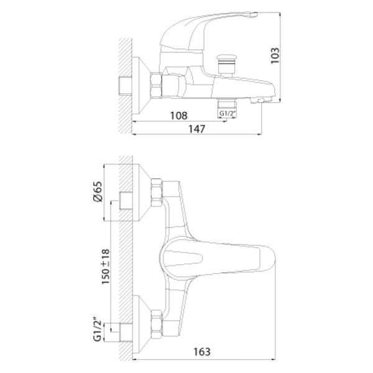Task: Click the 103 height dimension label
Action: pyautogui.click(x=275, y=55)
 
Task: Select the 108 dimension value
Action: pyautogui.click(x=178, y=116)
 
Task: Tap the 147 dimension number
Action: pyautogui.click(x=196, y=129)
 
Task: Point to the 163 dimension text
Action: pyautogui.click(x=201, y=352)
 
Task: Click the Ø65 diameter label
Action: pyautogui.click(x=98, y=191)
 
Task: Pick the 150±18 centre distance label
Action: pyautogui.click(x=106, y=267)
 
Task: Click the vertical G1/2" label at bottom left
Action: pyautogui.click(x=98, y=331)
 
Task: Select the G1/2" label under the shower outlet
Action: pyautogui.click(x=228, y=114)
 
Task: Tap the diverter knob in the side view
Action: pyautogui.click(x=227, y=65)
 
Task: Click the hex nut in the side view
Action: pyautogui.click(x=156, y=85)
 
